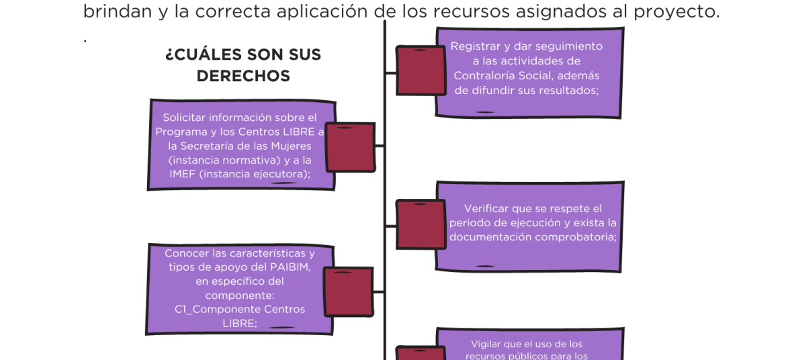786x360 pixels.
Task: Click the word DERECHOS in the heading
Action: [x=243, y=76]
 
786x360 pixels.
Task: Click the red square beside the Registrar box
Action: [x=421, y=70]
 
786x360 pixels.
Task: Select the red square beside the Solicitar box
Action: [x=350, y=147]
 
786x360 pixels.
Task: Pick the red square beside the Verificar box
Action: [x=421, y=224]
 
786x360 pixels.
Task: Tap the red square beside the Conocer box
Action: [x=349, y=291]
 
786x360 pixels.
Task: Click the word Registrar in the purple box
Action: [x=476, y=46]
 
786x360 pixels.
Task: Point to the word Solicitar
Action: [x=184, y=118]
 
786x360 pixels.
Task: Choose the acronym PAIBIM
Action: [x=286, y=267]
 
